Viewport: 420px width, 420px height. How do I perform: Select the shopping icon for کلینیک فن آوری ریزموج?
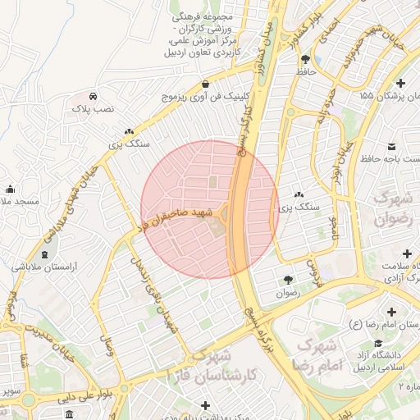[204, 84]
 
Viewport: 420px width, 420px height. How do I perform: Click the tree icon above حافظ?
[306, 59]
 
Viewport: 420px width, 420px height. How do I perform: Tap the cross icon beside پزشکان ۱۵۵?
[400, 84]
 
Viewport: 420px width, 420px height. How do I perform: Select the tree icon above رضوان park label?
[287, 279]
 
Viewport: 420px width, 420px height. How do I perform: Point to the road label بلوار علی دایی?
[62, 397]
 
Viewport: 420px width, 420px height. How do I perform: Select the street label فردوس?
[313, 269]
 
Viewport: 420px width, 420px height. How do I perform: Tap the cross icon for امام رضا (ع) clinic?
[390, 313]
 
